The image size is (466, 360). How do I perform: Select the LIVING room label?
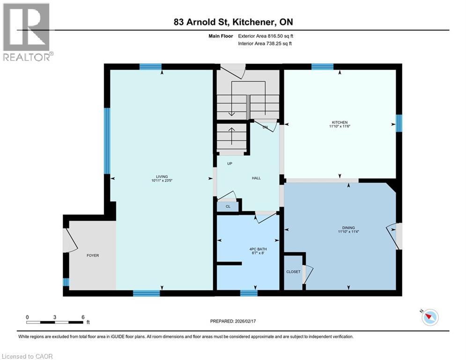click(159, 177)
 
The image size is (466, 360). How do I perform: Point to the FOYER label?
click(93, 255)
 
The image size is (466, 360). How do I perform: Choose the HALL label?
click(256, 178)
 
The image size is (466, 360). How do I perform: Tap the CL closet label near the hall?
click(228, 206)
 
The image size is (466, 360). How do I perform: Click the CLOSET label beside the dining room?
click(293, 272)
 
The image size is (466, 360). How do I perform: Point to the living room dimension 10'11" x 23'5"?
click(159, 181)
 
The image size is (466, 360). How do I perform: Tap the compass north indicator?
click(429, 317)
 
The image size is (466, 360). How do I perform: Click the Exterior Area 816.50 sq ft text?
click(266, 36)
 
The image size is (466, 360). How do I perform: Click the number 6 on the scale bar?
click(82, 317)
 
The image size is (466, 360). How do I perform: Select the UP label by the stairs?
click(229, 164)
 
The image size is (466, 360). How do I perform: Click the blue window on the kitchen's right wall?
click(399, 123)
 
